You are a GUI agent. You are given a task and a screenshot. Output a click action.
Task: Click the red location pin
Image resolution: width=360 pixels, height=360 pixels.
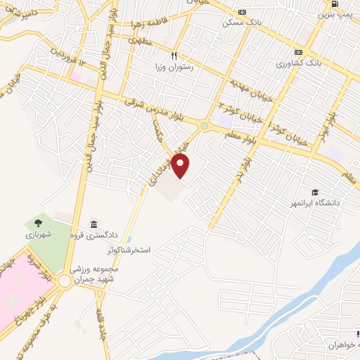pyautogui.click(x=181, y=166)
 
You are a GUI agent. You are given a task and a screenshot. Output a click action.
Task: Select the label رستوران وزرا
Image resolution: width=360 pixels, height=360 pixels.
pyautogui.click(x=174, y=67)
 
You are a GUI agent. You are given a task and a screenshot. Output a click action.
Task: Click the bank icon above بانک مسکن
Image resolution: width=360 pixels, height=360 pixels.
pyautogui.click(x=243, y=12)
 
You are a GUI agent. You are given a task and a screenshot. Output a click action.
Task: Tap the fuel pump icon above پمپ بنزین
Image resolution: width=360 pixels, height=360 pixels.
pyautogui.click(x=332, y=4)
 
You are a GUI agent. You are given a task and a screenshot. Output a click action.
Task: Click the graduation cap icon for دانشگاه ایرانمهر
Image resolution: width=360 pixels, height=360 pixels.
pyautogui.click(x=315, y=192)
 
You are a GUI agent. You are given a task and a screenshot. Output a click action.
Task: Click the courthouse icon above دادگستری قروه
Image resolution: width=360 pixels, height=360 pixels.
pyautogui.click(x=94, y=224)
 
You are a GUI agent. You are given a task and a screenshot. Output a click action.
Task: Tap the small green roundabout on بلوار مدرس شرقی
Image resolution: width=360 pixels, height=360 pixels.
pyautogui.click(x=204, y=127)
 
